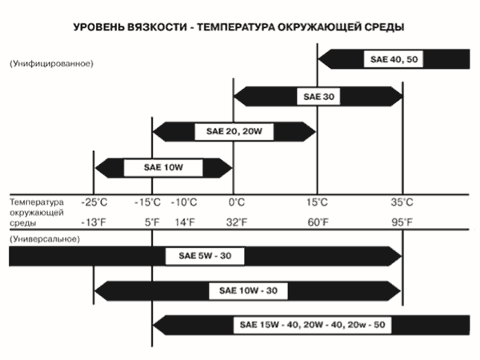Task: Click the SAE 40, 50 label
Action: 390,58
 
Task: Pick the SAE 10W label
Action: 163,168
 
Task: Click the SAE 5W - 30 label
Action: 205,256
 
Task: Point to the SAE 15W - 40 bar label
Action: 311,326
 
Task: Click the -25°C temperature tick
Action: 94,203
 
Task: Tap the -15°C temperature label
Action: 149,203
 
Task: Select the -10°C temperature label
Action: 186,203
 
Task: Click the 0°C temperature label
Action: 236,203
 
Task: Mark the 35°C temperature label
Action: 402,203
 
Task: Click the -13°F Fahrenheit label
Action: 94,222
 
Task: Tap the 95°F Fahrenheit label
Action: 402,222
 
